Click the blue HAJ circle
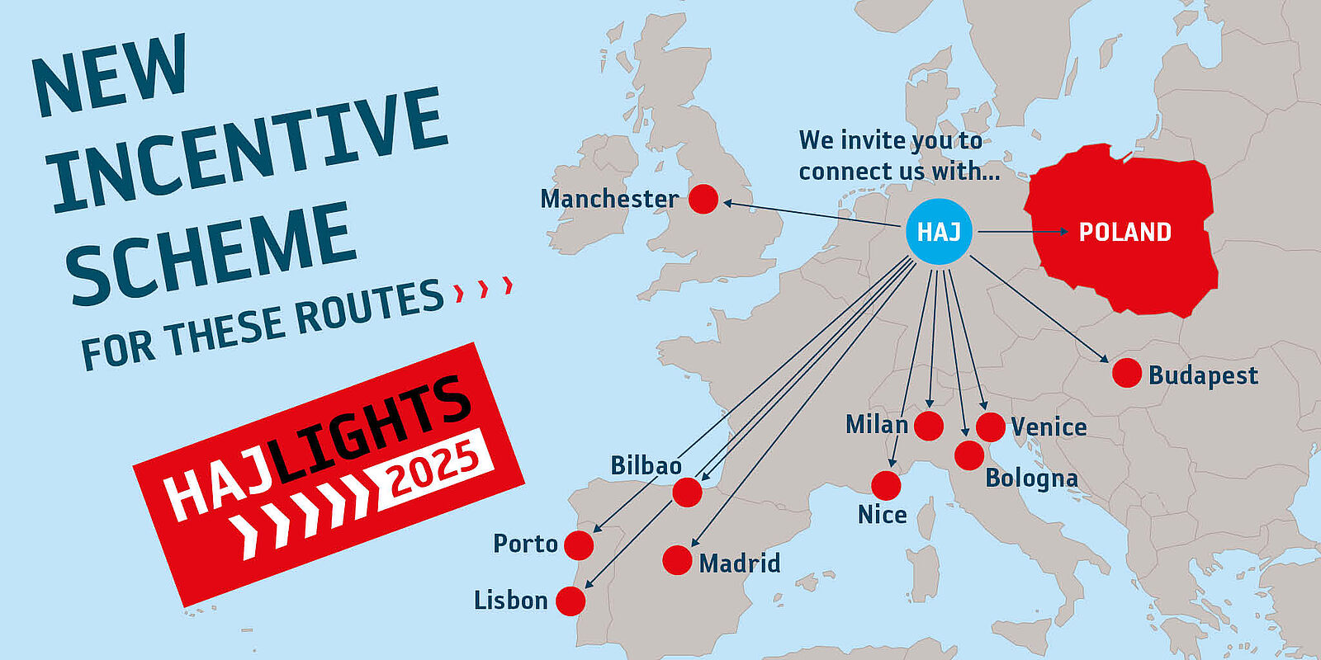click(x=939, y=232)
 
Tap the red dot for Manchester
click(x=703, y=199)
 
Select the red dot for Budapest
click(x=1127, y=373)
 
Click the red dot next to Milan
click(x=929, y=426)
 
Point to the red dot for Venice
click(x=991, y=427)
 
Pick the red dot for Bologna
click(x=969, y=455)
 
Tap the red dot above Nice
click(x=886, y=486)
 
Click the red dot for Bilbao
click(x=687, y=493)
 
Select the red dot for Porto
click(x=579, y=545)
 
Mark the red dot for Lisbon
click(x=571, y=601)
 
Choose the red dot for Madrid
click(x=677, y=560)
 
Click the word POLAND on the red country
click(x=1125, y=232)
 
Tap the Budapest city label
click(x=1203, y=375)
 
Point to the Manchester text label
click(x=608, y=199)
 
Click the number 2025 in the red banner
click(x=433, y=468)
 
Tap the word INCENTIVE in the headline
click(x=248, y=148)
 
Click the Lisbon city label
click(x=510, y=601)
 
